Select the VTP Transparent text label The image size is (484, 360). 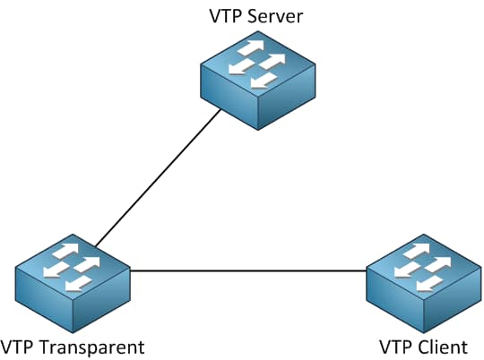73,346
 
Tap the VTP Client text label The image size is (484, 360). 422,346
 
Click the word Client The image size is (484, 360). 444,346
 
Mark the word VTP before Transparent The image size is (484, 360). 18,346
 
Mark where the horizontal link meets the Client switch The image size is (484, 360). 367,270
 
